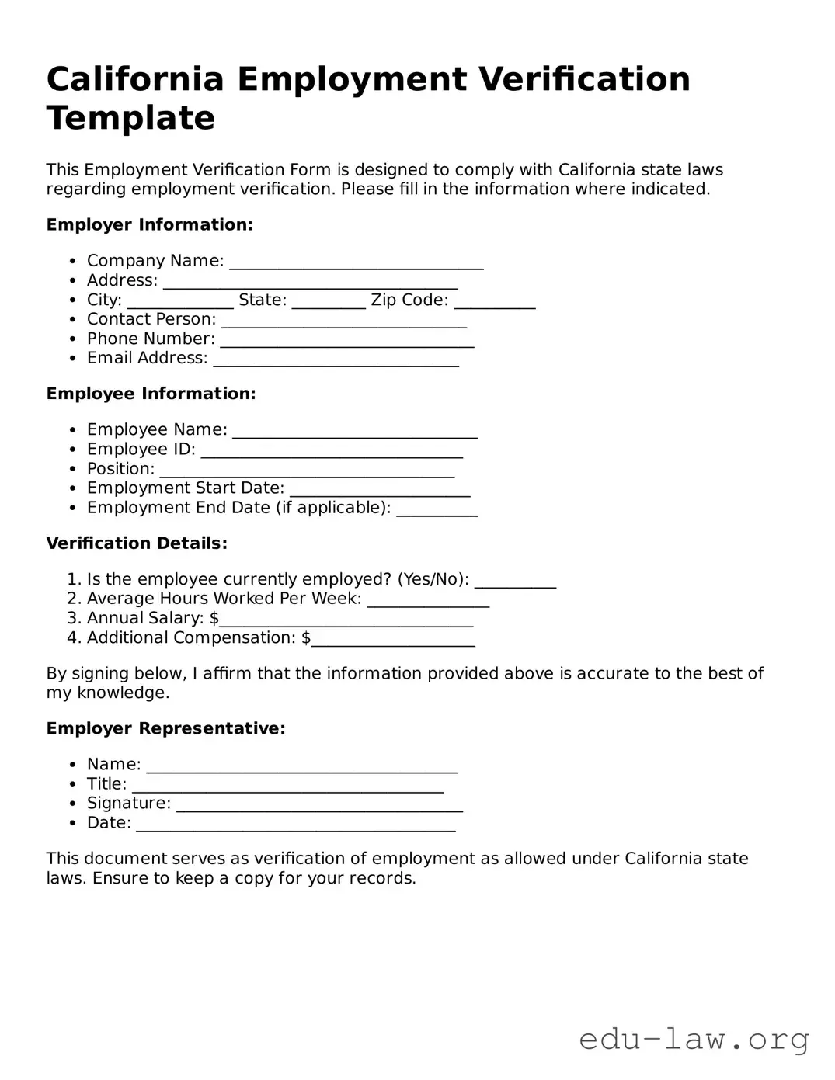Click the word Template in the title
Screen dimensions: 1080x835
pyautogui.click(x=130, y=118)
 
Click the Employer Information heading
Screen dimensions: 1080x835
pyautogui.click(x=149, y=225)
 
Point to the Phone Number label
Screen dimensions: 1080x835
pyautogui.click(x=151, y=339)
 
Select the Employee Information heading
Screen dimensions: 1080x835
pyautogui.click(x=151, y=394)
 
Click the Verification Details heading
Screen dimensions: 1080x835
pyautogui.click(x=137, y=543)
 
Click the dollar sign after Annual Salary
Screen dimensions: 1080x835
pyautogui.click(x=214, y=619)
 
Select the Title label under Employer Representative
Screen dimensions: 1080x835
pyautogui.click(x=106, y=784)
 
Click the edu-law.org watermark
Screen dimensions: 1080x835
pyautogui.click(x=694, y=1039)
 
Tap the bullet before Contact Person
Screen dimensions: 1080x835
pyautogui.click(x=72, y=320)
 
